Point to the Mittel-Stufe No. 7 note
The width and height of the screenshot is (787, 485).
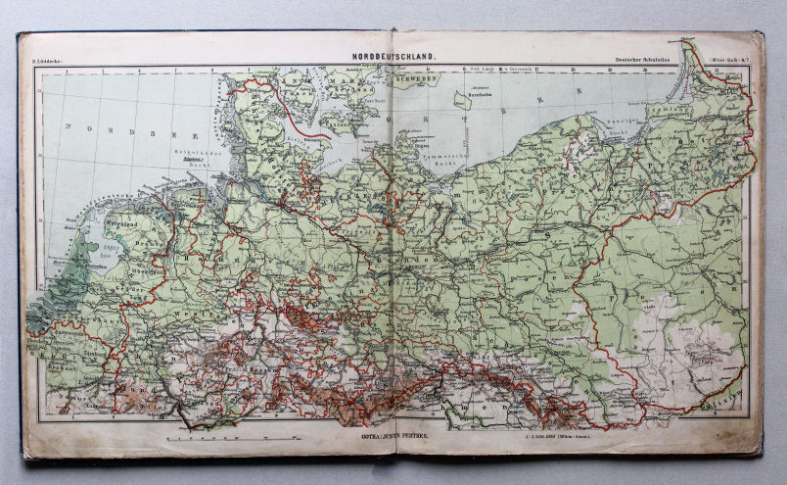pos(726,61)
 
